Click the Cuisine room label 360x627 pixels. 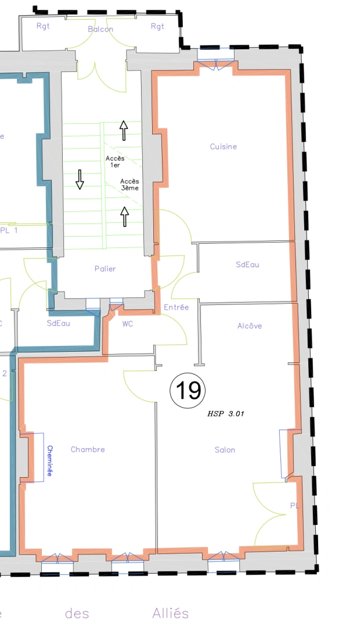click(x=224, y=147)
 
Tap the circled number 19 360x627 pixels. click(x=188, y=390)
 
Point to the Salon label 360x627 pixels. click(x=225, y=450)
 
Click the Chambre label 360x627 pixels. click(x=88, y=449)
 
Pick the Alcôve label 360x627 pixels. click(x=250, y=326)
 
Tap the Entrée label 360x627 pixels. click(x=177, y=307)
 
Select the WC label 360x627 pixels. click(x=128, y=324)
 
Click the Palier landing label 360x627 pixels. click(x=105, y=269)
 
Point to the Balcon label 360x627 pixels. click(x=100, y=29)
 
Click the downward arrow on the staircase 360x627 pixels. click(x=80, y=180)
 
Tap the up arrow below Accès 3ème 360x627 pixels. click(x=124, y=216)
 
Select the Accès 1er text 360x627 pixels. click(x=115, y=161)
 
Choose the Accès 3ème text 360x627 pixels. click(x=129, y=185)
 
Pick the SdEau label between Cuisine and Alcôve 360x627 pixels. click(x=247, y=265)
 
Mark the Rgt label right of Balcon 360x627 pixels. click(x=157, y=26)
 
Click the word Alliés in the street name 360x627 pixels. click(x=171, y=613)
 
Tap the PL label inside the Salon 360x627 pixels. click(x=295, y=506)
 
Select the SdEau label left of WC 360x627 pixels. click(x=59, y=323)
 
